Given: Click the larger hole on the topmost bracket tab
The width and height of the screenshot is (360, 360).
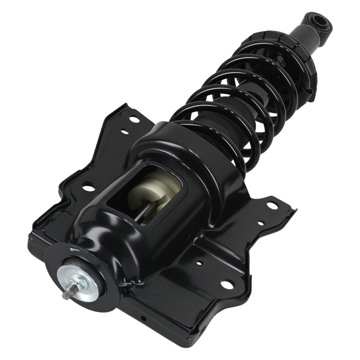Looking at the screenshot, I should tap(135, 118).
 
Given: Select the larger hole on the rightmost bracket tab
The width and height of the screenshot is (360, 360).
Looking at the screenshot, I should tap(273, 206).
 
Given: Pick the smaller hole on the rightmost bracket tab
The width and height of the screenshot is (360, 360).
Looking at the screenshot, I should tap(260, 224).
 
